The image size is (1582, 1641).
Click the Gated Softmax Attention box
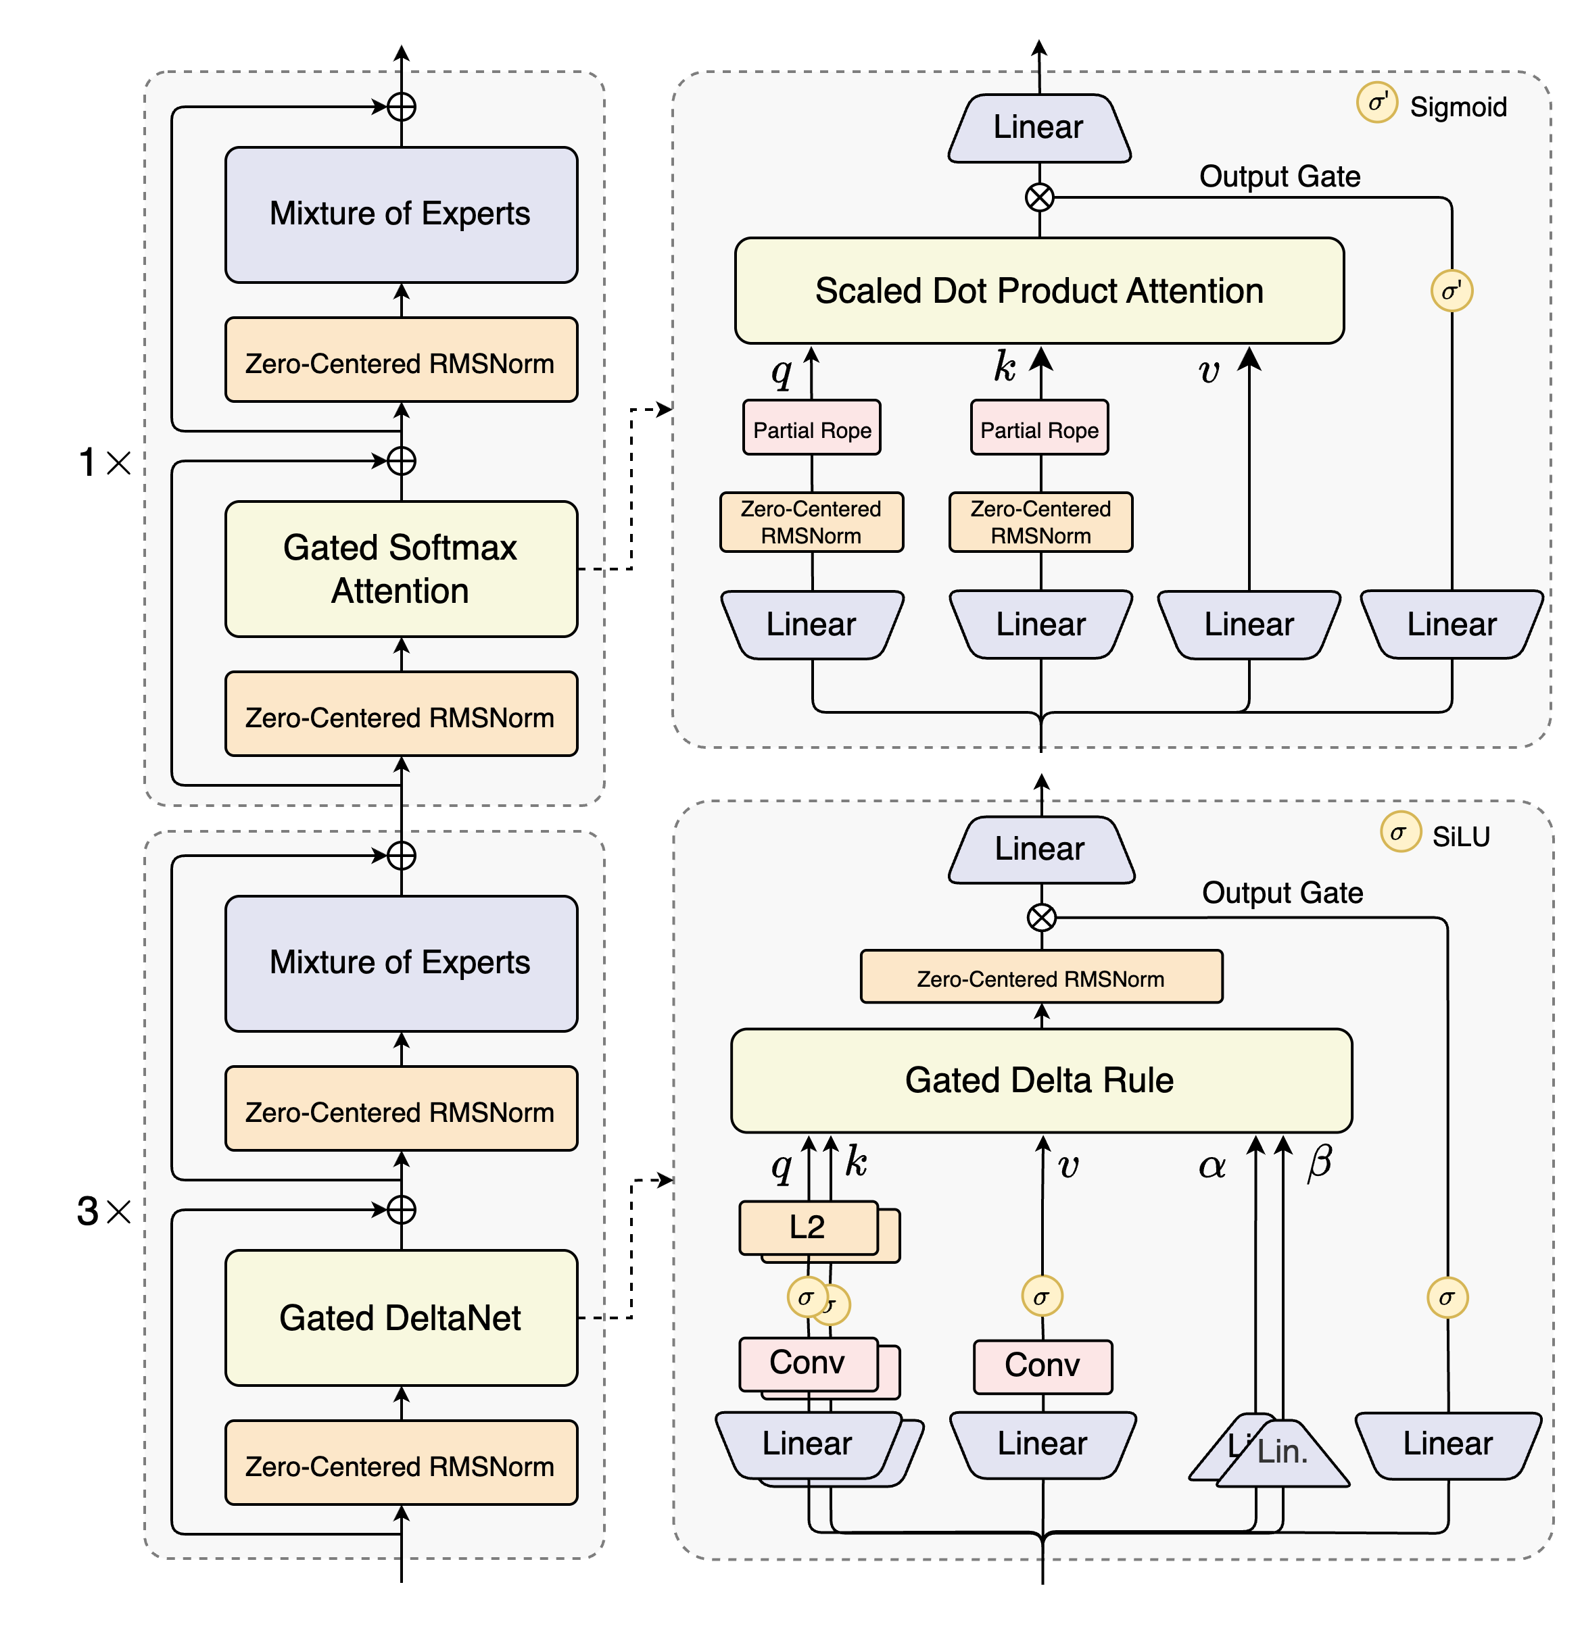coord(400,569)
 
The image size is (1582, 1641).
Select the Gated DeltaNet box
coord(400,1318)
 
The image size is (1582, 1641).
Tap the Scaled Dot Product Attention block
coord(1038,291)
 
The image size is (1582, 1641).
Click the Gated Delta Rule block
coord(1040,1080)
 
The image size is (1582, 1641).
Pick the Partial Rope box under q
coord(811,428)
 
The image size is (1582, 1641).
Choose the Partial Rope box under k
coord(1039,428)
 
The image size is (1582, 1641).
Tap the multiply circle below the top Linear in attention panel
coord(1039,197)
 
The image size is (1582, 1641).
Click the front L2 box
coord(807,1227)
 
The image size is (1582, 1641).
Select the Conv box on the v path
coord(1042,1365)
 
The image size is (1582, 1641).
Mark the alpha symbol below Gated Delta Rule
coord(1212,1165)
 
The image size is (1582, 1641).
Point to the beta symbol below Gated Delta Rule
coord(1320,1162)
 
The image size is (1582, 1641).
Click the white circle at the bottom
coord(1042,1598)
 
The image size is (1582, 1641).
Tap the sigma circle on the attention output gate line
coord(1452,291)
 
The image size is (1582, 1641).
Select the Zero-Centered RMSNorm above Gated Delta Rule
coord(1041,977)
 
